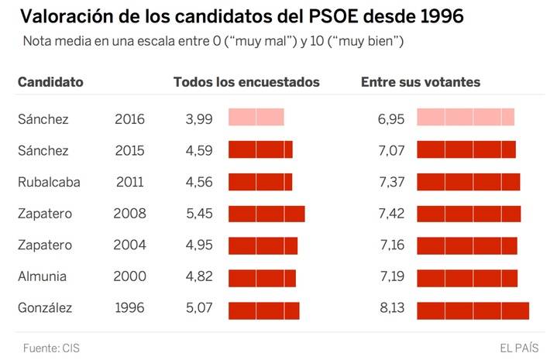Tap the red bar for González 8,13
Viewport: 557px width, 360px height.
(473, 309)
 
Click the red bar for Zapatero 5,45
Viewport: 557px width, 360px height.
(266, 214)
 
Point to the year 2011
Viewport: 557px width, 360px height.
(129, 183)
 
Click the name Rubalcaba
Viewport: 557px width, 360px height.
(50, 183)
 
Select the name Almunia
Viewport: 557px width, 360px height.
(42, 277)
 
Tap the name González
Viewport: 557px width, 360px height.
(45, 309)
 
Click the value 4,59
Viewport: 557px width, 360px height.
(199, 151)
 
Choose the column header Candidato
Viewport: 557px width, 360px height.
(50, 82)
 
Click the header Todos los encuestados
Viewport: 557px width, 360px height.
(246, 82)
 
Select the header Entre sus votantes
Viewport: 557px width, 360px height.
(421, 82)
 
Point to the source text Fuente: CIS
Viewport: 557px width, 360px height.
(51, 348)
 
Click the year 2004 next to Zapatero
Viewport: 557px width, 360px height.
(129, 245)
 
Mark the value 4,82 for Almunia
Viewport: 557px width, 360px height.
(199, 277)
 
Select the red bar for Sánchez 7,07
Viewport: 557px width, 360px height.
(466, 150)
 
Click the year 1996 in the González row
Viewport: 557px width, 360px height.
(129, 309)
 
